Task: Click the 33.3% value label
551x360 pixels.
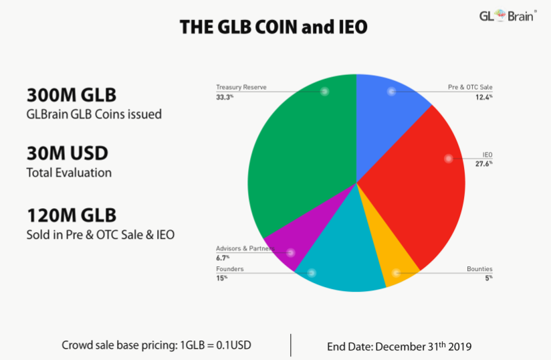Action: coord(223,96)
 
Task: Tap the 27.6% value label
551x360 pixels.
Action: coord(485,163)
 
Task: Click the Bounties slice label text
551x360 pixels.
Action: coord(479,269)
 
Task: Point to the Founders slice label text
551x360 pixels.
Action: coord(229,269)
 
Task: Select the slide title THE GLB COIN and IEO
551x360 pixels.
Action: coord(273,27)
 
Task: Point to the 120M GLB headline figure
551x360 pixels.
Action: coord(72,215)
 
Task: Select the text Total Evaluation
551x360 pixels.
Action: coord(69,173)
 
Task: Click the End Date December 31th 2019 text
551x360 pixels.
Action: coord(399,347)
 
